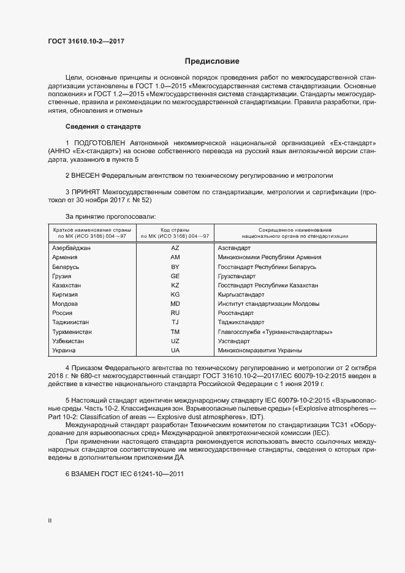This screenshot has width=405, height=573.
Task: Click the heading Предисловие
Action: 212,61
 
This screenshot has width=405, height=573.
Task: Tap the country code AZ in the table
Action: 175,248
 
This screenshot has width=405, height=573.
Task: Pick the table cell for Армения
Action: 65,257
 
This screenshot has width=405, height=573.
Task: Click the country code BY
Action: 175,267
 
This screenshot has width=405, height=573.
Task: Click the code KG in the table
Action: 175,295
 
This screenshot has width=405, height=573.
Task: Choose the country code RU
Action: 175,313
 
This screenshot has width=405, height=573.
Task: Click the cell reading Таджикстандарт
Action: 241,322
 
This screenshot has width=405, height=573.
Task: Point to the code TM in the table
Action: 175,332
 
